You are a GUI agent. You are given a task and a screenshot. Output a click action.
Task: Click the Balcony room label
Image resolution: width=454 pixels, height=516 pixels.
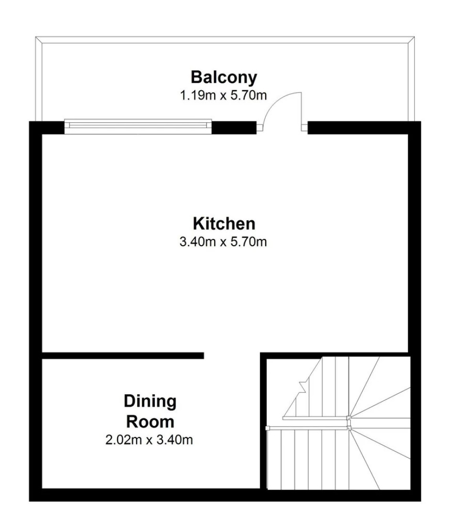tap(224, 78)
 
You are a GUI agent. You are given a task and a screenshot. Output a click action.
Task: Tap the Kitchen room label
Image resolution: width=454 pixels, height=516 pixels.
tap(224, 224)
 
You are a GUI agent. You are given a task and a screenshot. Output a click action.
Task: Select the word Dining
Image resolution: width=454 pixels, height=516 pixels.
tap(150, 402)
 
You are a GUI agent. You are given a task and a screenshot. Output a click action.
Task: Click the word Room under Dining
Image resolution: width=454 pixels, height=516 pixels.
tap(150, 422)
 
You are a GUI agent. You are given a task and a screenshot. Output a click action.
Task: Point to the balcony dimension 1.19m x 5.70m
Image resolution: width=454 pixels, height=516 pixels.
tap(223, 96)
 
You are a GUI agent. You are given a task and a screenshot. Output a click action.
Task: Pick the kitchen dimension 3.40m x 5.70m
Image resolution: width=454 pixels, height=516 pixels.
tap(223, 242)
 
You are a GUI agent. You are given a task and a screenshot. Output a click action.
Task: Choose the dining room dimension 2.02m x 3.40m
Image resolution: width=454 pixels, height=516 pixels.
tap(149, 440)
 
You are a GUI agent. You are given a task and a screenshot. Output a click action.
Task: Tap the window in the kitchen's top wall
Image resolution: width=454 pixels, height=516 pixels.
tap(138, 127)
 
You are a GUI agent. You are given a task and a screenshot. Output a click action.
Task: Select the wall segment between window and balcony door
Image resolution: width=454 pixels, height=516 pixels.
tap(234, 128)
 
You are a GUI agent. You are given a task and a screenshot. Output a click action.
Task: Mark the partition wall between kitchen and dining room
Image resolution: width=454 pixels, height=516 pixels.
tap(123, 356)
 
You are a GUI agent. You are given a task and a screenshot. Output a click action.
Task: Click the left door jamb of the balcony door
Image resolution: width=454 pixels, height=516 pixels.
tap(260, 128)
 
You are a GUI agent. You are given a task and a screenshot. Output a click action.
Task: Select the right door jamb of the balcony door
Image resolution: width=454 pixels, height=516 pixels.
tap(304, 128)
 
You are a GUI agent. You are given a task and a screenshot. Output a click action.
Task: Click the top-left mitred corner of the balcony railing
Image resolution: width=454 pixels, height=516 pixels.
tap(39, 40)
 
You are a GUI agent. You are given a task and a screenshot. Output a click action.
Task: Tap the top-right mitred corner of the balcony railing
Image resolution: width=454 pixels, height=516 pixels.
tap(411, 40)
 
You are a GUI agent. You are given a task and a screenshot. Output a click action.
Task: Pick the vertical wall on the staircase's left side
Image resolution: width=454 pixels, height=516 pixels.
tap(263, 421)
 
